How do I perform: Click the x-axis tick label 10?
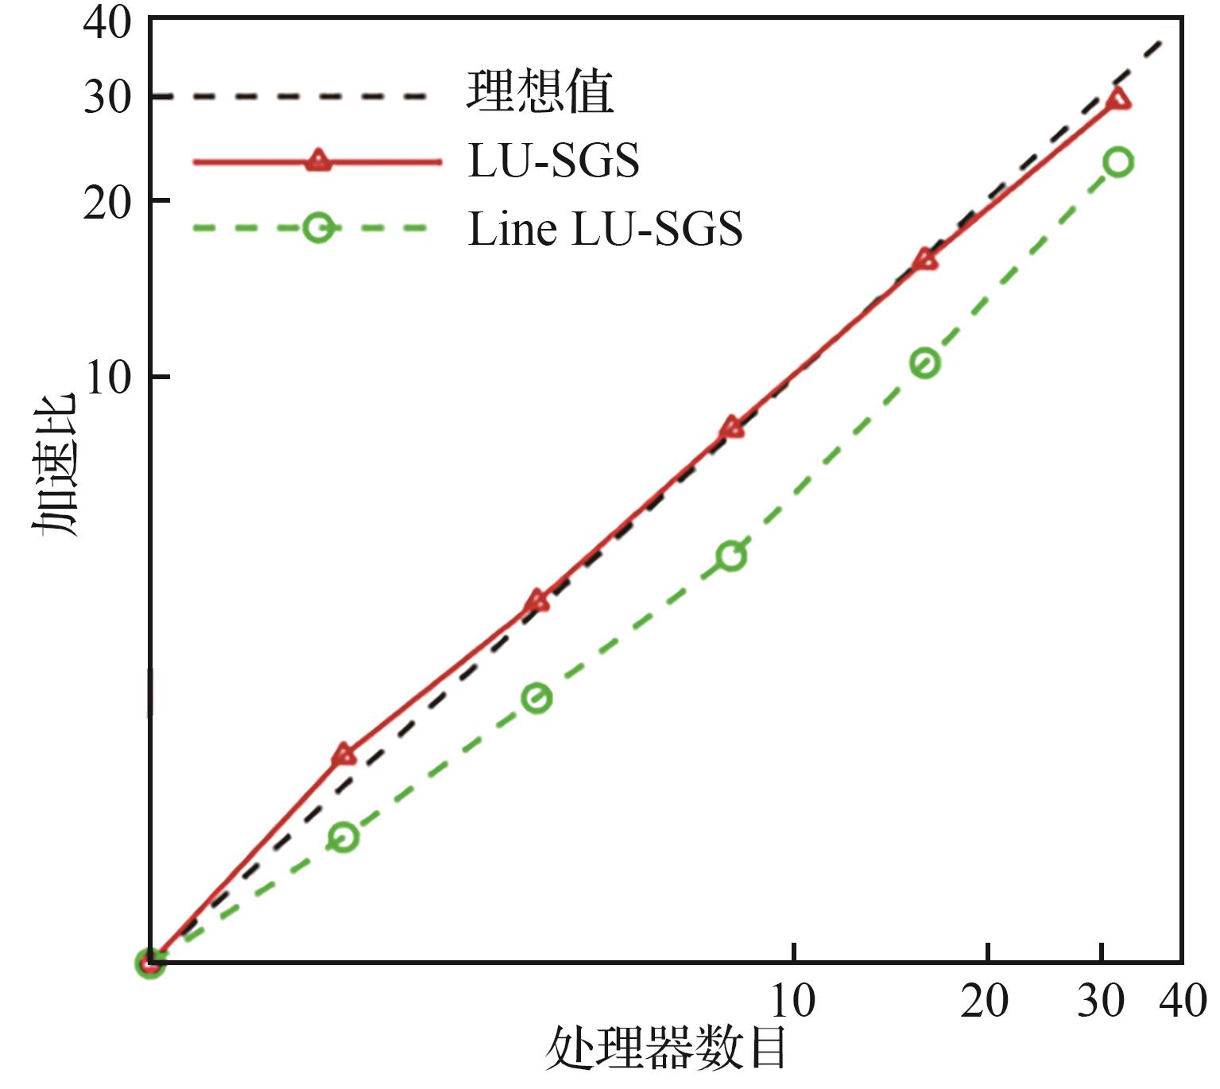(793, 1000)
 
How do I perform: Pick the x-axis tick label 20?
(986, 1000)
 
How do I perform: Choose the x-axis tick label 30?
(1102, 1000)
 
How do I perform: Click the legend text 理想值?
(540, 93)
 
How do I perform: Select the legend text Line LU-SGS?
(605, 230)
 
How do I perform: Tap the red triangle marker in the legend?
(318, 161)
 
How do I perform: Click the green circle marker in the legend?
(318, 228)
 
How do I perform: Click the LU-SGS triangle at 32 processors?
(1118, 99)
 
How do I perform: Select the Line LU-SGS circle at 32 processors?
(1118, 162)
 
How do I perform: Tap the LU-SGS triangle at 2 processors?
(343, 754)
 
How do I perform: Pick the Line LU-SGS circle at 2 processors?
(343, 837)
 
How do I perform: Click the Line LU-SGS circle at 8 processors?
(731, 556)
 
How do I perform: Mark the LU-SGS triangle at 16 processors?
(925, 260)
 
